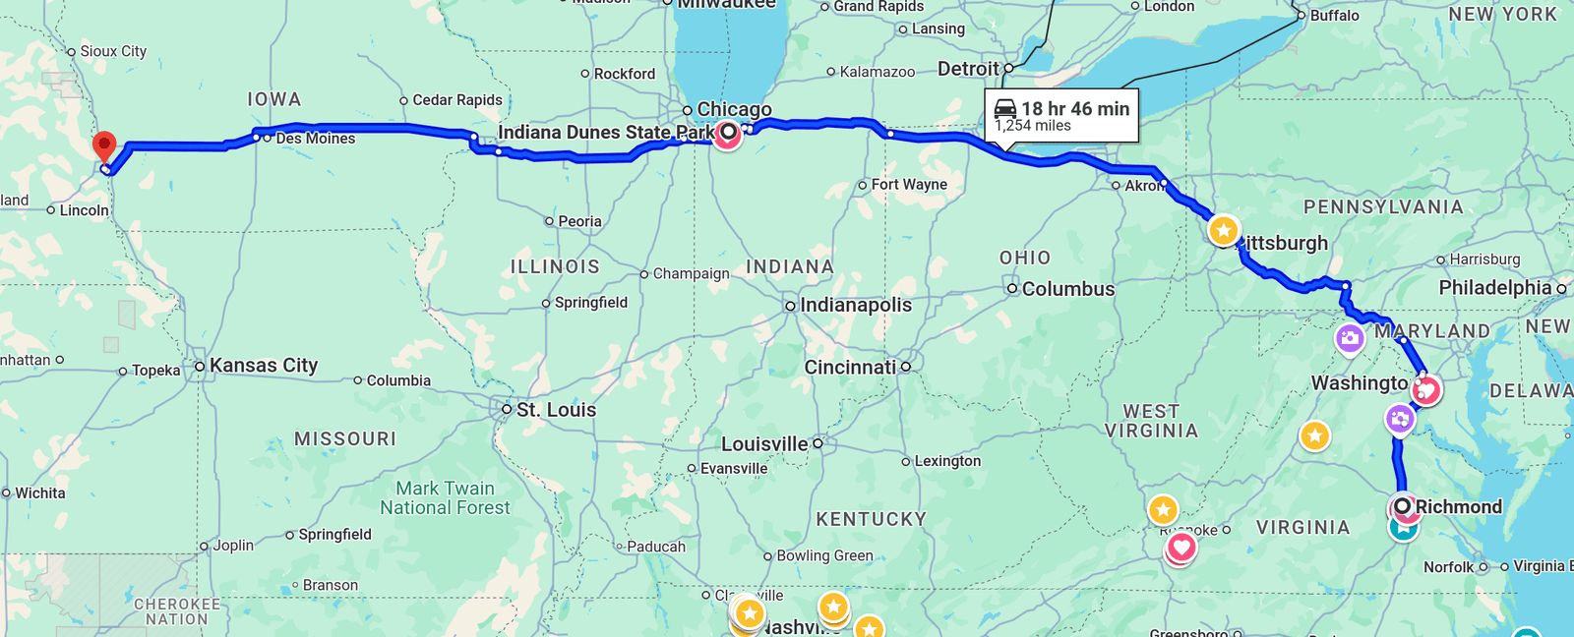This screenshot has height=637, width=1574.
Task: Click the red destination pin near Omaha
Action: tap(103, 147)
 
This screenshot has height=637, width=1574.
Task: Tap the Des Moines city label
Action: tap(315, 139)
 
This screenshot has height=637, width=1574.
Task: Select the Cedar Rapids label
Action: tap(457, 100)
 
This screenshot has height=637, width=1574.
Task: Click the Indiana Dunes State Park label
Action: tap(606, 132)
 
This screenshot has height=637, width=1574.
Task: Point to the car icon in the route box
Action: tap(1005, 108)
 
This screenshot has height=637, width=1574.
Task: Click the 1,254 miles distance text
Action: tap(1033, 126)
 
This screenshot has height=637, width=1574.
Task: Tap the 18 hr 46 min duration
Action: tap(1075, 109)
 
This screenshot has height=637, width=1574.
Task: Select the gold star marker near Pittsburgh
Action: tap(1223, 231)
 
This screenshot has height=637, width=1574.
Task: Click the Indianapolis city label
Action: tap(855, 306)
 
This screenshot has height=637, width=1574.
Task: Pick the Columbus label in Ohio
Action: tap(1067, 289)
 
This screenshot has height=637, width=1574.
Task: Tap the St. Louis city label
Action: tap(556, 410)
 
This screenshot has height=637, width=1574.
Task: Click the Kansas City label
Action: tap(264, 366)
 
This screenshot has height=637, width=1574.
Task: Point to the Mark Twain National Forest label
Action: tap(445, 497)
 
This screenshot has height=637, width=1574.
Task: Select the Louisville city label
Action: tap(764, 444)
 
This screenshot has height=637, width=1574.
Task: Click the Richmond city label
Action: tap(1458, 507)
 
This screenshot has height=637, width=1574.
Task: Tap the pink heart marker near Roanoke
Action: tap(1180, 548)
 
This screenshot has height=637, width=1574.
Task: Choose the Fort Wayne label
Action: tap(909, 185)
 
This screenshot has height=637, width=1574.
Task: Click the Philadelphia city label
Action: tap(1494, 288)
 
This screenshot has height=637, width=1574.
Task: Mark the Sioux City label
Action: tap(113, 51)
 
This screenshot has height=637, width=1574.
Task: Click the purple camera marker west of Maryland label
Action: tap(1349, 339)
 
